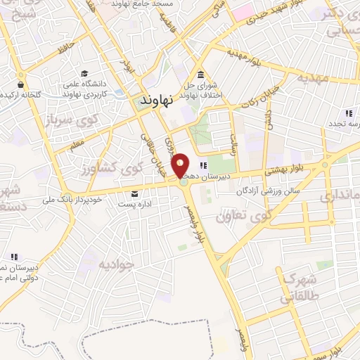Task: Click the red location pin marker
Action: click(181, 165)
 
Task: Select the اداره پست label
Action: click(115, 204)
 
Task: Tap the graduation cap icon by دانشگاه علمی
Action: click(84, 73)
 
